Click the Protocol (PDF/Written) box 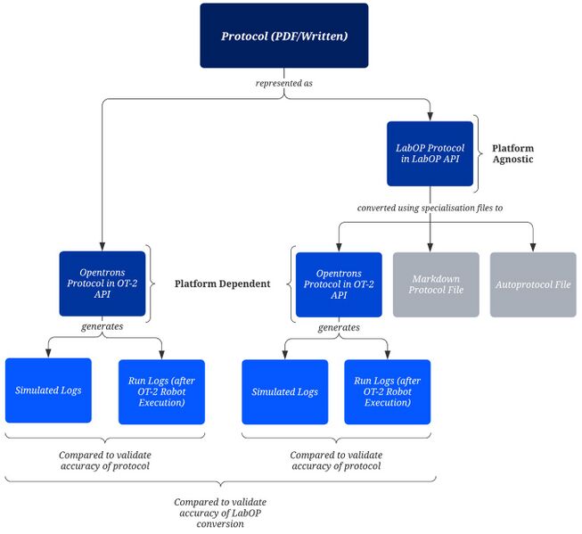[283, 36]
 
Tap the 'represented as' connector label [283, 84]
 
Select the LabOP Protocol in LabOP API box [430, 153]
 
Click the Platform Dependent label [222, 283]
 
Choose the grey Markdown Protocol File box [435, 284]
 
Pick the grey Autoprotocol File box [533, 284]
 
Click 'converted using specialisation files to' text [430, 207]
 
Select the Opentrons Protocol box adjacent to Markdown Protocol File [339, 284]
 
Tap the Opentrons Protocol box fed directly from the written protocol [102, 283]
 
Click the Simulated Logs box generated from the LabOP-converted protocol [285, 391]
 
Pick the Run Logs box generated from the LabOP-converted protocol [388, 391]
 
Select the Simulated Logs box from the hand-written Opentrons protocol [48, 391]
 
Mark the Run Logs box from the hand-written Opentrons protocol [161, 391]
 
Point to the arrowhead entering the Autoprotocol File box [533, 248]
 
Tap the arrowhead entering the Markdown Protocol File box [430, 248]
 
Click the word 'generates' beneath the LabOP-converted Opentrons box [339, 327]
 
